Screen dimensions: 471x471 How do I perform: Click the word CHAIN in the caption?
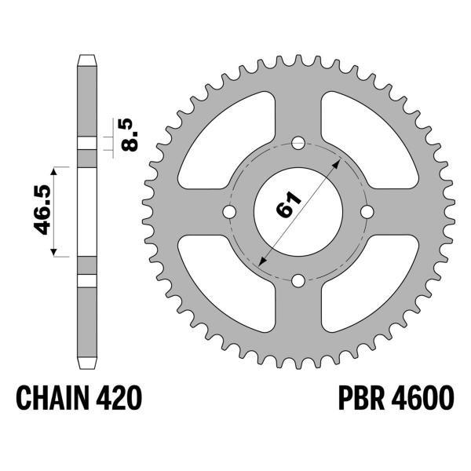(x=53, y=398)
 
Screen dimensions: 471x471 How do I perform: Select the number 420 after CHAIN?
(x=119, y=398)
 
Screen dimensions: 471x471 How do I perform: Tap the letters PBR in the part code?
(x=361, y=398)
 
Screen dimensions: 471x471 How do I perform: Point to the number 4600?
(x=422, y=398)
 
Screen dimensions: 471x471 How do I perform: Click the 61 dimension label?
(x=288, y=204)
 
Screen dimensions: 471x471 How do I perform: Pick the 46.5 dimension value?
(x=42, y=210)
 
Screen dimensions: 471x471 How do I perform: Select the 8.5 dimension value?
(x=130, y=135)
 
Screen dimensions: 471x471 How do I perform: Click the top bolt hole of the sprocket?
(x=298, y=143)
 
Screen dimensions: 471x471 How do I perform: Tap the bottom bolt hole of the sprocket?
(x=298, y=281)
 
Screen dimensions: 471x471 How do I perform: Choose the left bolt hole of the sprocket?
(x=229, y=212)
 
